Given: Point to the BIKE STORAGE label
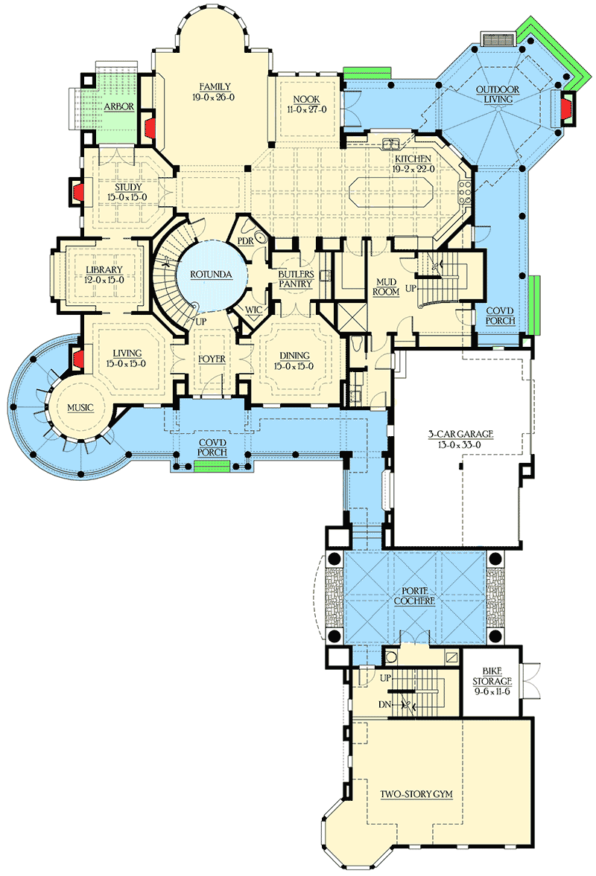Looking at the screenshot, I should point(492,681).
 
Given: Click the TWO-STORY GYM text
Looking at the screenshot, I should point(417,794).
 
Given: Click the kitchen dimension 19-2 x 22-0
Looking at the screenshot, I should point(415,169).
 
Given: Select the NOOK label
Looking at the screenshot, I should point(307,98).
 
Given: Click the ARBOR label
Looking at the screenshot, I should point(119,106).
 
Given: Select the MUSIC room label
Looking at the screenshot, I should point(80,407).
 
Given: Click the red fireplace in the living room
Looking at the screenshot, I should point(77,357).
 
